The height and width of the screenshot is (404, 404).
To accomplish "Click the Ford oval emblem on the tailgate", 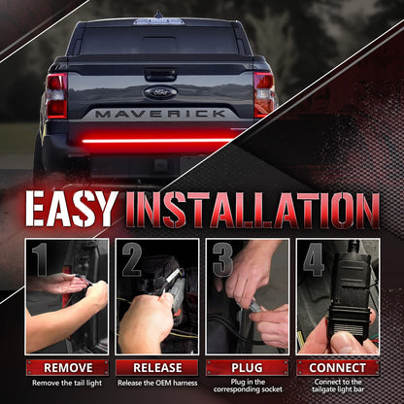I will (160, 93).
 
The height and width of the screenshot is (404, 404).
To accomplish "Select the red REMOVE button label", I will (67, 368).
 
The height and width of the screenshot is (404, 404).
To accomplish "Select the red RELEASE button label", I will (156, 368).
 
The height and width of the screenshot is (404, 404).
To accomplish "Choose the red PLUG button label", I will (247, 368).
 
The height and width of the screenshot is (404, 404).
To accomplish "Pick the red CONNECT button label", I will (337, 368).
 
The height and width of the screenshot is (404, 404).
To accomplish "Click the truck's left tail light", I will (56, 94).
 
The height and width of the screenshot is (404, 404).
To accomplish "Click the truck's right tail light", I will (264, 94).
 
